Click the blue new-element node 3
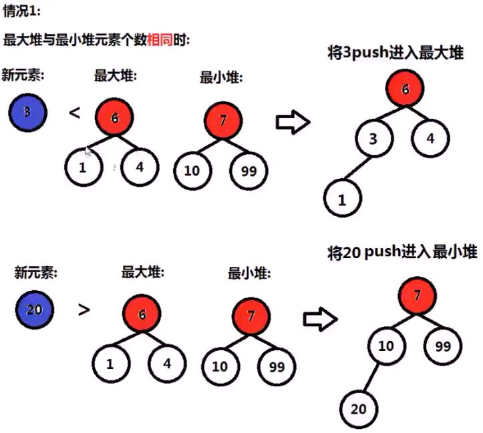click(x=27, y=112)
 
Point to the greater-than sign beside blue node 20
click(x=84, y=310)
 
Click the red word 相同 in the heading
click(x=160, y=39)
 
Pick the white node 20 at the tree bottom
click(x=359, y=408)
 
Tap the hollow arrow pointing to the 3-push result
click(x=293, y=122)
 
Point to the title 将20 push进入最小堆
click(x=402, y=253)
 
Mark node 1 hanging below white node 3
click(x=343, y=198)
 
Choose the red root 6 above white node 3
click(x=405, y=90)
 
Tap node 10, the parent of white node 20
click(x=386, y=346)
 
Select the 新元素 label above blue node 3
click(x=23, y=75)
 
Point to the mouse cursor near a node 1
click(x=88, y=152)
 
